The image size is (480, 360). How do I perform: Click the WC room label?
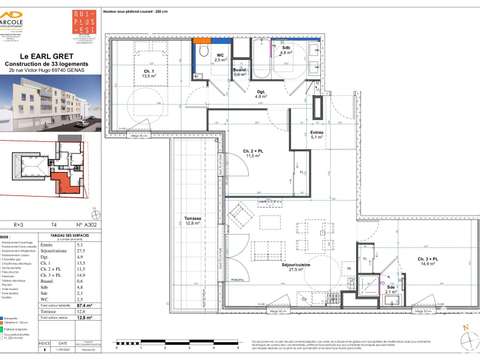[221, 58]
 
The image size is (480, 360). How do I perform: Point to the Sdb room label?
[285, 50]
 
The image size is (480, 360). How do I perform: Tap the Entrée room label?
[317, 135]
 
